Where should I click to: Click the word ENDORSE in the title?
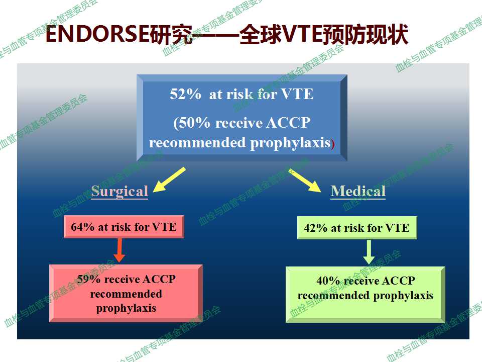coord(97,34)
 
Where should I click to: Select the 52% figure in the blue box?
coord(185,94)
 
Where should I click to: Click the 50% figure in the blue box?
coord(195,123)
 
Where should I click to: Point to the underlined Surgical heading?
coord(119,192)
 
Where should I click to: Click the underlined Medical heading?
coord(358,191)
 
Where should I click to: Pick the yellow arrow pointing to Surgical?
coord(169,180)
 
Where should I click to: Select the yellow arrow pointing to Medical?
coord(305,180)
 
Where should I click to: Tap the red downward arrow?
coord(119,250)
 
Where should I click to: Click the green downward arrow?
coord(369,252)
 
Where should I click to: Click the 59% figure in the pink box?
coord(88,280)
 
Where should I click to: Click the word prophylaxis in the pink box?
coord(126,308)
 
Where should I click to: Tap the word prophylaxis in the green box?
coord(403,296)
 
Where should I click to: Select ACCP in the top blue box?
coord(288,123)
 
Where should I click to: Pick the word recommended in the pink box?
coord(126,294)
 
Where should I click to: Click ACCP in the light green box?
coord(398,281)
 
